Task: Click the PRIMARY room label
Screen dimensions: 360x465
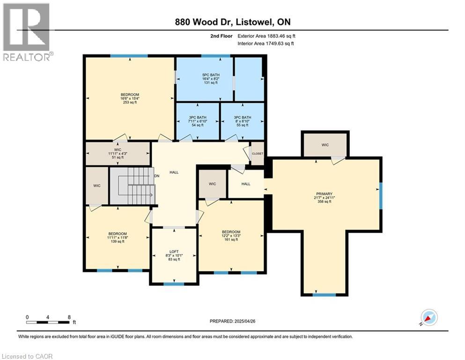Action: pos(324,194)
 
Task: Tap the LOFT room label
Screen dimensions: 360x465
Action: pos(173,251)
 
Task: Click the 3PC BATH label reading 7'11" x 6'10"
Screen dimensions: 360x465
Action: pos(197,118)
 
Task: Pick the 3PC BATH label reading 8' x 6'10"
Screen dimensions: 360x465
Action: pos(243,118)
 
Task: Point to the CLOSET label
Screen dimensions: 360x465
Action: pos(258,153)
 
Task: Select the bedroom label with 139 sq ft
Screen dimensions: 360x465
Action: pos(117,234)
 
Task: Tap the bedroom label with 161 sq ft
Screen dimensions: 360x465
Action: pos(231,232)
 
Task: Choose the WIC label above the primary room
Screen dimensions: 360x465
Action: pos(325,145)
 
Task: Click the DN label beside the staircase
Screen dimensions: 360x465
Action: pos(157,177)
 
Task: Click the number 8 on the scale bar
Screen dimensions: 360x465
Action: pos(69,317)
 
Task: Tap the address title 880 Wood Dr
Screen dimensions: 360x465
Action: pos(233,22)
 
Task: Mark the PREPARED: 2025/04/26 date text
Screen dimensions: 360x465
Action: pos(233,321)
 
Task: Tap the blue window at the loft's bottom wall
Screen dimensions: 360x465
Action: pos(173,283)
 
